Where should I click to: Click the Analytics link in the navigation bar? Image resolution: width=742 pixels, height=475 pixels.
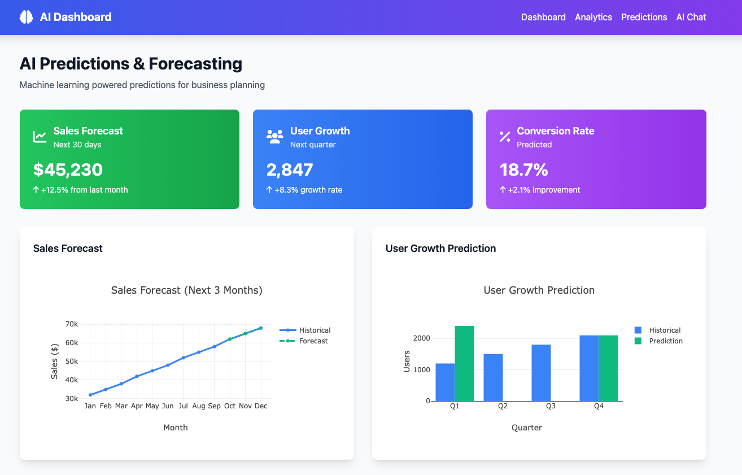(593, 17)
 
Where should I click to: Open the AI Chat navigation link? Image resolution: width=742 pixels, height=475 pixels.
(691, 17)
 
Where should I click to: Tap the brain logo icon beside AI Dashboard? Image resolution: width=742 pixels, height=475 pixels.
(26, 17)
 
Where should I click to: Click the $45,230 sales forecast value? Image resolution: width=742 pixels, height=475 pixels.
(68, 169)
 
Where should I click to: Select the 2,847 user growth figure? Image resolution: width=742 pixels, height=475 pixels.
(289, 169)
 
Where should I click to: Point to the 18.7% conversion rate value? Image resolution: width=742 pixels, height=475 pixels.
(523, 169)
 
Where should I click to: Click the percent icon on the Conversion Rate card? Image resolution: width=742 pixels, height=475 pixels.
(505, 137)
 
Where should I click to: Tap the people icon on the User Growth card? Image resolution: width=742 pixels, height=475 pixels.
(274, 137)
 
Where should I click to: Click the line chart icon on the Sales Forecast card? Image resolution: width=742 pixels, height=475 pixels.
(40, 137)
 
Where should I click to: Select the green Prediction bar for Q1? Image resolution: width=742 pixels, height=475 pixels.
(464, 363)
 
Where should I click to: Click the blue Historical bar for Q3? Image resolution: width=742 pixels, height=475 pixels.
(541, 373)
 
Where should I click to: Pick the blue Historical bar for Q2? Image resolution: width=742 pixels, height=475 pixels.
(493, 377)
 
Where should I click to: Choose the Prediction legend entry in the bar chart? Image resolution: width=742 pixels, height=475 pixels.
(665, 341)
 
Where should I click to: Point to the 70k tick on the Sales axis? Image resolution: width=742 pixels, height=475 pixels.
(72, 324)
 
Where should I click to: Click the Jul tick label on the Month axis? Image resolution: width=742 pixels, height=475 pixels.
(183, 406)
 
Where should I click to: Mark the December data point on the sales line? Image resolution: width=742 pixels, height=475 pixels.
(260, 328)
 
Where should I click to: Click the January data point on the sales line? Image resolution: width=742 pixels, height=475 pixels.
(90, 395)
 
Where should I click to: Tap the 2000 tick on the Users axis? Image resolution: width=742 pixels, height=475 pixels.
(421, 338)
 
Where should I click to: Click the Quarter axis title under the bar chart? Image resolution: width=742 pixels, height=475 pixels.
(526, 428)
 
